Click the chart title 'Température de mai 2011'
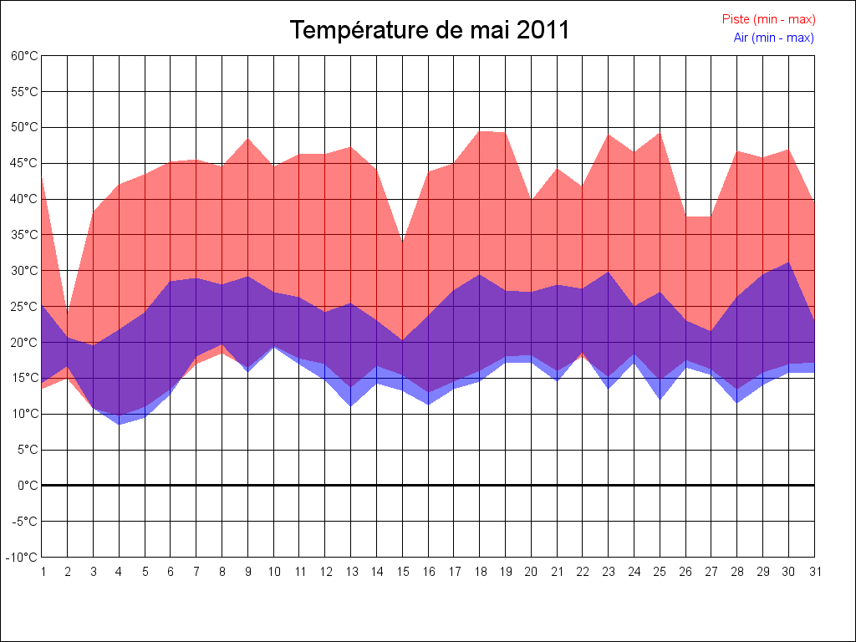[429, 30]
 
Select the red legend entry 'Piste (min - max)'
[768, 19]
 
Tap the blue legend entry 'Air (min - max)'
[773, 38]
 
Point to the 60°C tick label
[24, 56]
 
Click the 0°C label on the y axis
[28, 486]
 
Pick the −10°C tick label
[23, 558]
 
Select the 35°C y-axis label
[24, 235]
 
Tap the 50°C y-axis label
[24, 127]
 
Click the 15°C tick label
[24, 378]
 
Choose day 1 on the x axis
[43, 572]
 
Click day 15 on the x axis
[402, 572]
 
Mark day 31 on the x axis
[814, 572]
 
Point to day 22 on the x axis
[583, 572]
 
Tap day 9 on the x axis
[248, 572]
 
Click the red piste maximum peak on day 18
[480, 131]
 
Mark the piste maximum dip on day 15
[402, 242]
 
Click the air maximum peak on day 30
[788, 262]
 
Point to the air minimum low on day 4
[120, 424]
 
